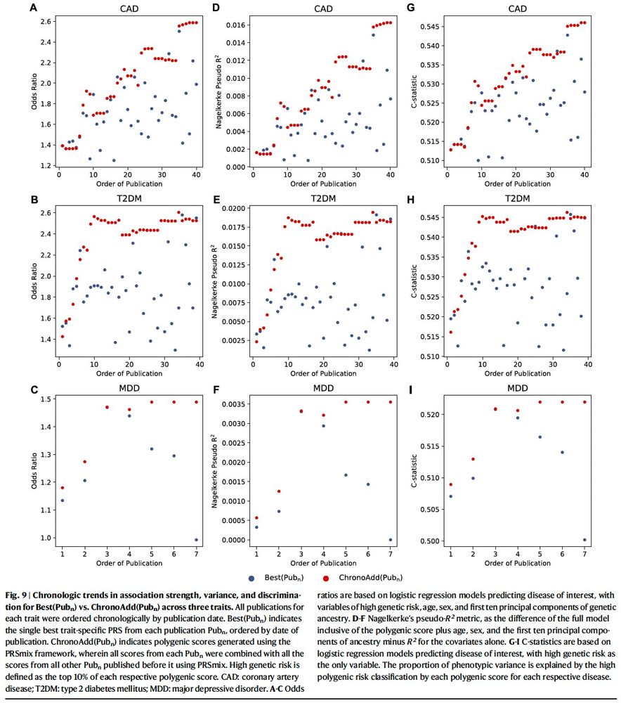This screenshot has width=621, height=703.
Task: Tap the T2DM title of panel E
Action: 323,198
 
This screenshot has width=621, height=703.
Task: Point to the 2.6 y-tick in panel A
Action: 45,21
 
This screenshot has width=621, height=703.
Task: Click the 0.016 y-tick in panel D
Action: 232,25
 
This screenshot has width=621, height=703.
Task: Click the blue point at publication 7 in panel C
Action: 197,540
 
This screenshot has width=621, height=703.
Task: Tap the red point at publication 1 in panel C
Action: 63,488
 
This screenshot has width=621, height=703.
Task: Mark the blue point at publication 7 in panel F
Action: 391,540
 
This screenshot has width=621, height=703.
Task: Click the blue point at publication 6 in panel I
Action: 562,452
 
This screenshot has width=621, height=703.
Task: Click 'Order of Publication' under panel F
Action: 323,563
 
